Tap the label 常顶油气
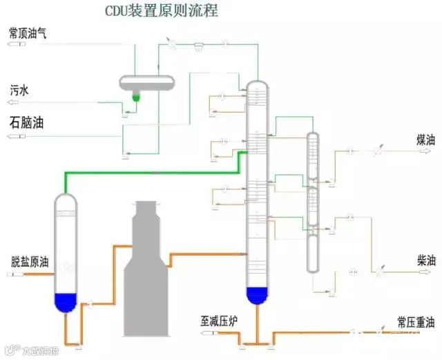(x=28, y=32)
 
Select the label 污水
(x=19, y=91)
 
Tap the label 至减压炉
(x=218, y=321)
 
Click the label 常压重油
(x=416, y=322)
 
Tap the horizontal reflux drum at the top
(x=147, y=82)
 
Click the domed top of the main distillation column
(x=256, y=86)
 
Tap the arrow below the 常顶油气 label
(x=13, y=44)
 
